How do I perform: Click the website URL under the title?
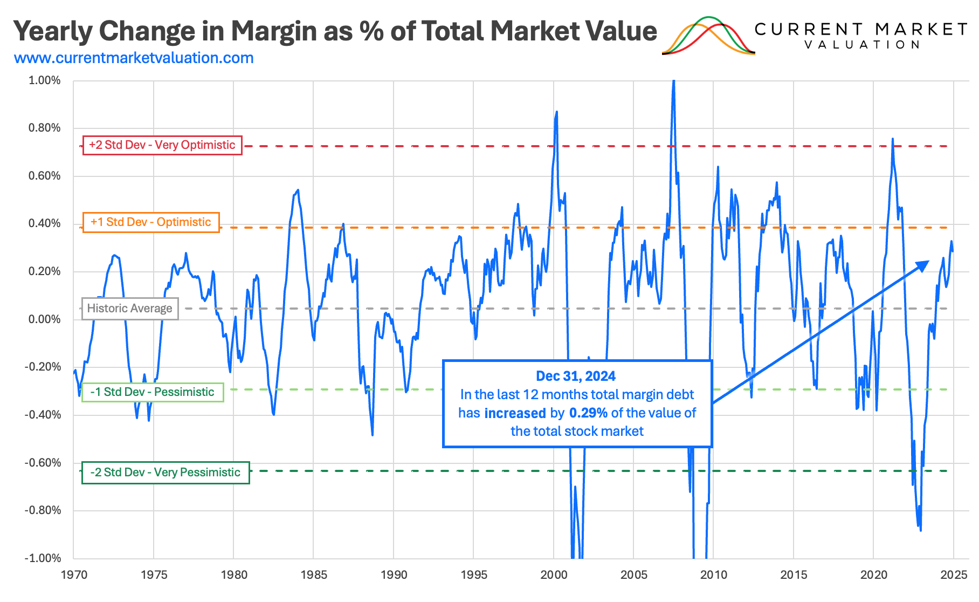click(x=134, y=58)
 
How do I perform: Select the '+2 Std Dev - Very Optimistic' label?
click(x=162, y=145)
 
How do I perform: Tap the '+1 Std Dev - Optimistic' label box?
click(x=151, y=222)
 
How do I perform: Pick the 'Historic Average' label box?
click(x=130, y=309)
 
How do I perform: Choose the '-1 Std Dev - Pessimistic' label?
click(x=153, y=392)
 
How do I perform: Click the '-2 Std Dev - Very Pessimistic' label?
click(x=166, y=473)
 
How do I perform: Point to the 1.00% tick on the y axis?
click(x=44, y=80)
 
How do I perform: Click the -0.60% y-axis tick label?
click(x=43, y=463)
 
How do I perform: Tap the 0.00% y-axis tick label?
click(x=44, y=319)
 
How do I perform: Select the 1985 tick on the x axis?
click(x=314, y=575)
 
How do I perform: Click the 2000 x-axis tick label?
click(x=554, y=575)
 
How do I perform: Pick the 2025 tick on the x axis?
click(x=954, y=575)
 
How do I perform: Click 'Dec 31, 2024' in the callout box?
click(x=576, y=376)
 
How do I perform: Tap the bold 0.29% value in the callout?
click(x=588, y=413)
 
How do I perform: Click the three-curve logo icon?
click(x=708, y=36)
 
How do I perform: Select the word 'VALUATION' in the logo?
click(x=862, y=45)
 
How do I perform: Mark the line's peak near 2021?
click(x=892, y=139)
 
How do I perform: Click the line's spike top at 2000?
click(x=556, y=112)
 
